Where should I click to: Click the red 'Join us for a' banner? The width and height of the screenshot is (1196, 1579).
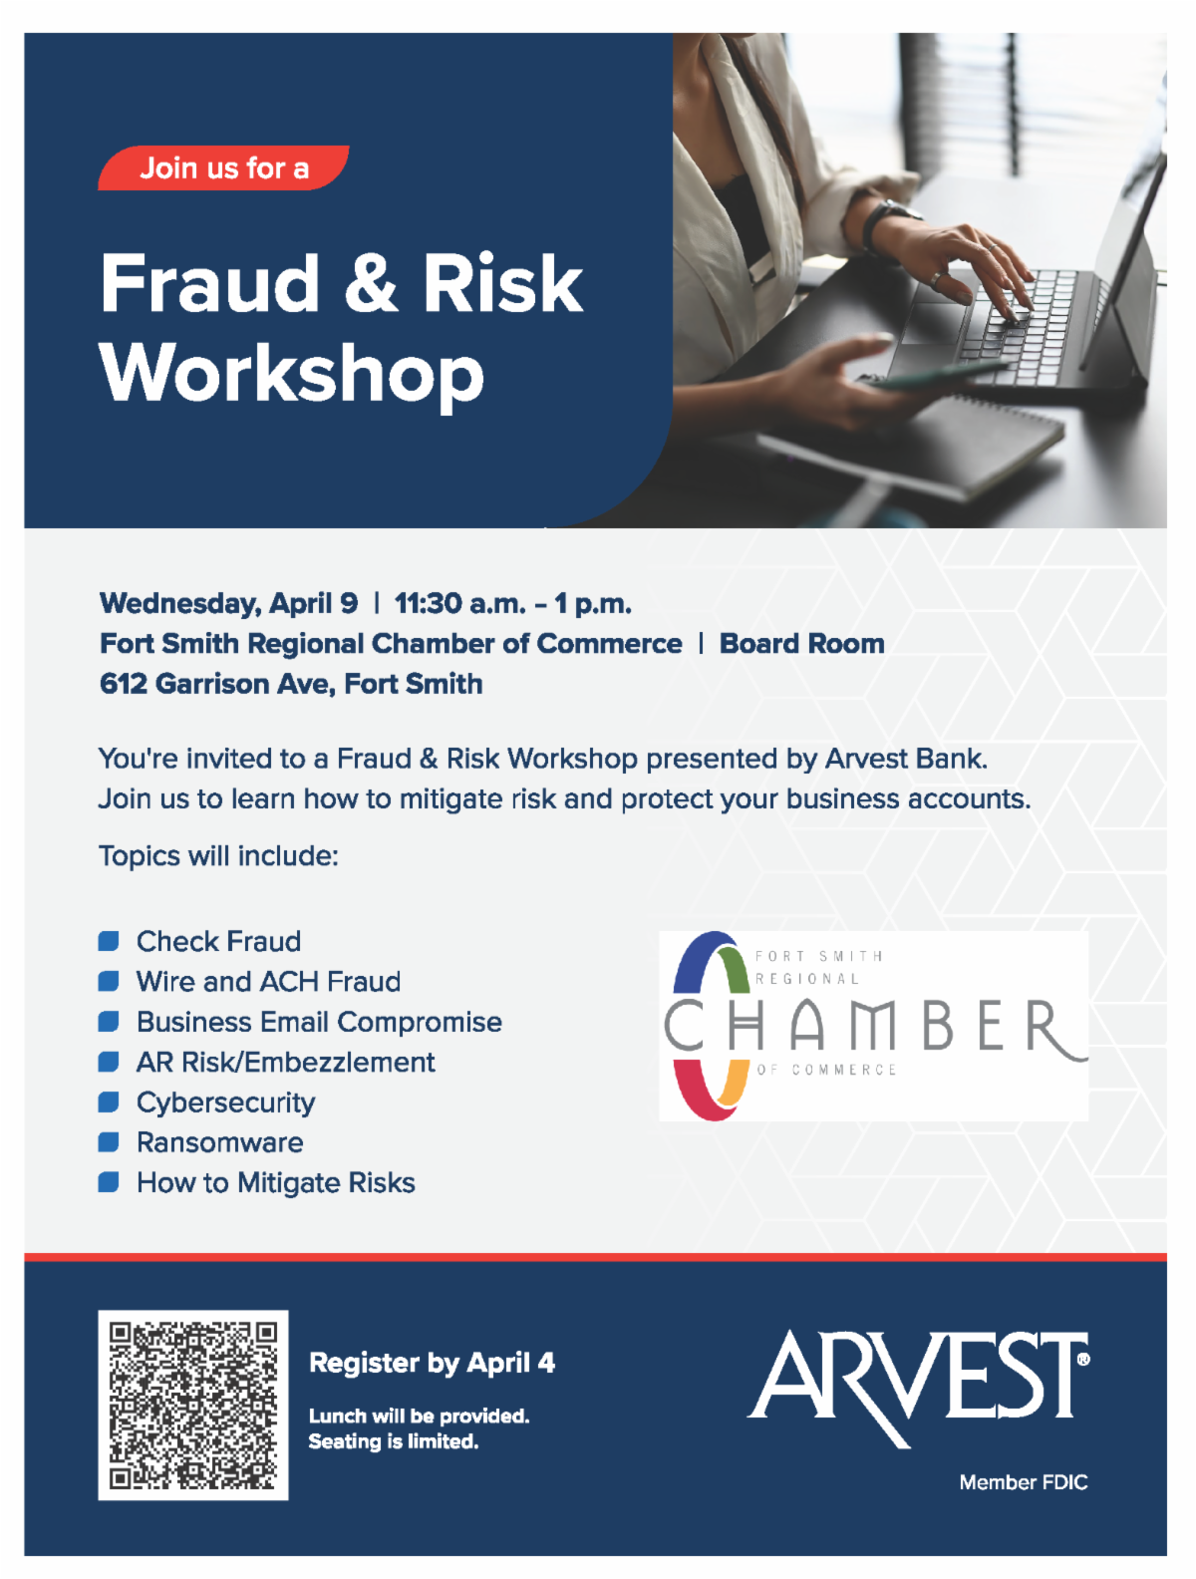click(x=223, y=167)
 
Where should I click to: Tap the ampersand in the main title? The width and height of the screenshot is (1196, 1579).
click(x=371, y=283)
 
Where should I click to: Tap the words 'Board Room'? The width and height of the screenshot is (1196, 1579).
click(x=802, y=643)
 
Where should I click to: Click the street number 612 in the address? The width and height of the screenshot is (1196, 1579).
click(x=123, y=684)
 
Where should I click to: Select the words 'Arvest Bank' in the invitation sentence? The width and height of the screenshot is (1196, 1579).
click(x=905, y=759)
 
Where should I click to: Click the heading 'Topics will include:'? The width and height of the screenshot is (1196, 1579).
click(x=218, y=856)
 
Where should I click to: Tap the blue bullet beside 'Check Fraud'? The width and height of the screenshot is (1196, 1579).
click(x=109, y=941)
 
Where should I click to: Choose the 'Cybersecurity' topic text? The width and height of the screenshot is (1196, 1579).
click(x=226, y=1103)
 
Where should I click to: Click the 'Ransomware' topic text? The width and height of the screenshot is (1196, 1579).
click(x=220, y=1142)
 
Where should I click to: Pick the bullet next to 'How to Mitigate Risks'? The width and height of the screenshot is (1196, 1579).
click(x=109, y=1182)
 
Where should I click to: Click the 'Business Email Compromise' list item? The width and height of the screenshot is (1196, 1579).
click(x=319, y=1022)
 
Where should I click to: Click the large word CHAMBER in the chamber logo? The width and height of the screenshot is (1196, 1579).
click(x=874, y=1025)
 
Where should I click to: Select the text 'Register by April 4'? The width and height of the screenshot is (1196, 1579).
click(x=433, y=1363)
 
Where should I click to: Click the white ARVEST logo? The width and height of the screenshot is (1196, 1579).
click(x=918, y=1387)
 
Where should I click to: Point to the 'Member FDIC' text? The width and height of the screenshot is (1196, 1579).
click(x=1024, y=1482)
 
